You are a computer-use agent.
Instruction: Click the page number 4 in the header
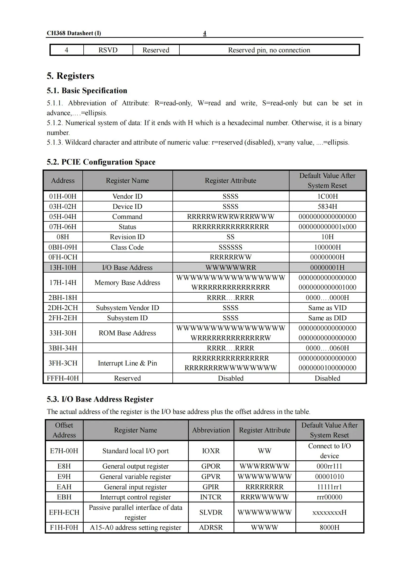point(204,33)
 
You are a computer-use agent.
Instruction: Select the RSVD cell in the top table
point(108,50)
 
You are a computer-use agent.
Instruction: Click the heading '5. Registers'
point(70,76)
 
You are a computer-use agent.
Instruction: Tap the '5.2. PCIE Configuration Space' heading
point(101,162)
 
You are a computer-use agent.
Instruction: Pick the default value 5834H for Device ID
point(327,206)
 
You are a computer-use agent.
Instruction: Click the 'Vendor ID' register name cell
point(127,196)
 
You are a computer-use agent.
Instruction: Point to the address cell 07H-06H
point(63,227)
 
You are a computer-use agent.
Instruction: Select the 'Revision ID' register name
point(127,237)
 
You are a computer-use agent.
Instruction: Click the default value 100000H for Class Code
point(327,247)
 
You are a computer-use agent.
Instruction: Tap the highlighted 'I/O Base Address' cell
point(127,267)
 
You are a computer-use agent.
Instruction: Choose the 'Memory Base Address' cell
point(127,282)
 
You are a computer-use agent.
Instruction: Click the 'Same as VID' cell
point(327,308)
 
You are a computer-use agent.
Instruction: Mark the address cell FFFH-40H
point(63,378)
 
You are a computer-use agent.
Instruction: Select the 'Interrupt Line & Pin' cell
point(127,363)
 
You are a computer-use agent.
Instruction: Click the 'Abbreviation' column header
point(211,430)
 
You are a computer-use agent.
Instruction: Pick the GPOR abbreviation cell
point(211,466)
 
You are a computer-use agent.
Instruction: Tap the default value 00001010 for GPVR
point(329,476)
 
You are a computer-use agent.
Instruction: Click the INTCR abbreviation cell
point(211,497)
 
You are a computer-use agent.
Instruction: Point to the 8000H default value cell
point(329,527)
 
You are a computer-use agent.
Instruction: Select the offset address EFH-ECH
point(64,512)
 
